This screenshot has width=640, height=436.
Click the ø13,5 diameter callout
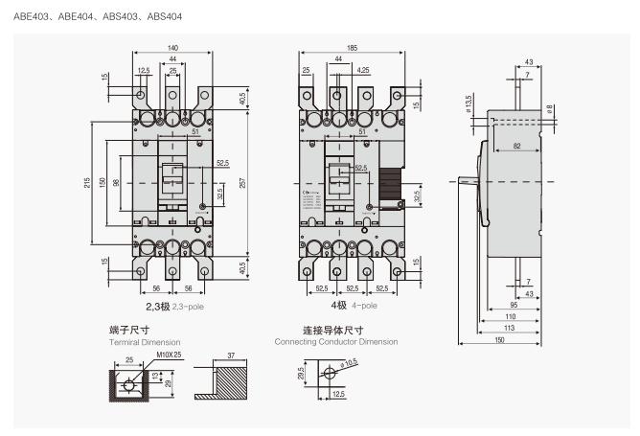[469, 101]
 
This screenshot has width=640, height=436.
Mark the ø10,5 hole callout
[346, 362]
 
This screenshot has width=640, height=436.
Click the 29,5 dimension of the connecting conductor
[301, 372]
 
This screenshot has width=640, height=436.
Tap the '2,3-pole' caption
[188, 306]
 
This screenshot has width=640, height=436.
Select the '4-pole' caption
[364, 306]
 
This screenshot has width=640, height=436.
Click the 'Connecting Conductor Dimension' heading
[335, 341]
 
